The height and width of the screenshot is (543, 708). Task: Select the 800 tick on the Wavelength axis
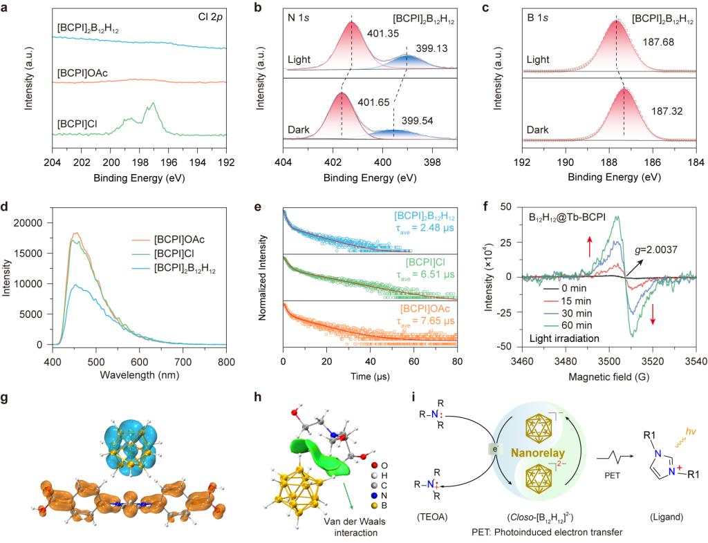(226, 359)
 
